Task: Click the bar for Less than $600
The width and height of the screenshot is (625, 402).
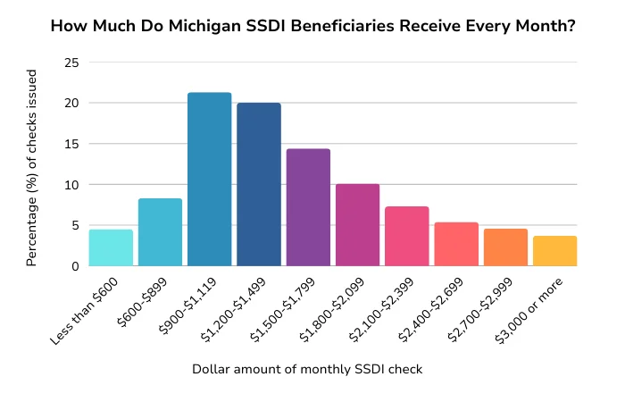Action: click(x=111, y=248)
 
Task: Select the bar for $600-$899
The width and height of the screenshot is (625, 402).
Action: click(x=160, y=232)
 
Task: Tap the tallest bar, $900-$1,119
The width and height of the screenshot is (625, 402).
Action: click(x=209, y=180)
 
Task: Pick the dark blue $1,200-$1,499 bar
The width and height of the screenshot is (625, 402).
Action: click(x=259, y=185)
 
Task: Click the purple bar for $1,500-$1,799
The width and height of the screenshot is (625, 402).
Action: click(x=308, y=207)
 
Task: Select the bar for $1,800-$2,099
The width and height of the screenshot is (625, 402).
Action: click(x=357, y=225)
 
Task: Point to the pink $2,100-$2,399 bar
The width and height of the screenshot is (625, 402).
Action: click(x=407, y=237)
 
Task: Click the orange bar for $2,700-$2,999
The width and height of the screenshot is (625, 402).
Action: click(x=505, y=247)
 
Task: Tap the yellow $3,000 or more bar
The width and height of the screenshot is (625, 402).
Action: click(x=554, y=251)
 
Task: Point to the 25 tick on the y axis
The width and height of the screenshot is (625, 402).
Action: click(x=71, y=63)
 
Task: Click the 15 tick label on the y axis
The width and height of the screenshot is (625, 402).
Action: click(x=71, y=144)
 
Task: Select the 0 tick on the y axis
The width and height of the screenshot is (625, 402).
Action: click(x=75, y=266)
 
